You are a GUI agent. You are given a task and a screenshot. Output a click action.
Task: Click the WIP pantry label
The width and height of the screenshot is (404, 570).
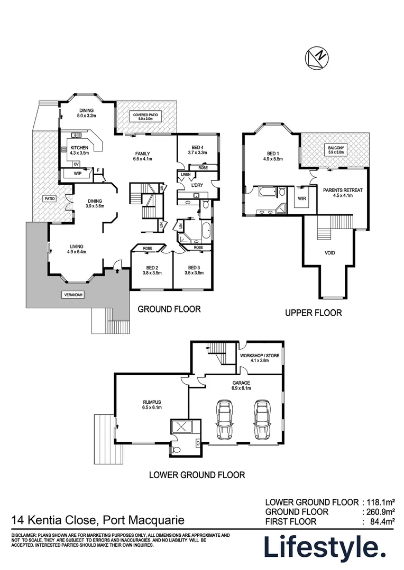click(77, 173)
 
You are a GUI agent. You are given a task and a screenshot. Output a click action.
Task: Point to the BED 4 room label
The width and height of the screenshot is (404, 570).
click(196, 149)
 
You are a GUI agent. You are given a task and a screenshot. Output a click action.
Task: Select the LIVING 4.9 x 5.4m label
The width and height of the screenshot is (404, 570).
click(76, 249)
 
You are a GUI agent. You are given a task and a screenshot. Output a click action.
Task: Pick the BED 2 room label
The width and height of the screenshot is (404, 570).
click(151, 270)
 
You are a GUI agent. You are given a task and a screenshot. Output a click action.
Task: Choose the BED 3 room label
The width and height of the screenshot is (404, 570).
click(194, 270)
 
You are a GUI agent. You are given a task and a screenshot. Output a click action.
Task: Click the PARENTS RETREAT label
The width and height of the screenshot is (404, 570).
click(341, 192)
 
